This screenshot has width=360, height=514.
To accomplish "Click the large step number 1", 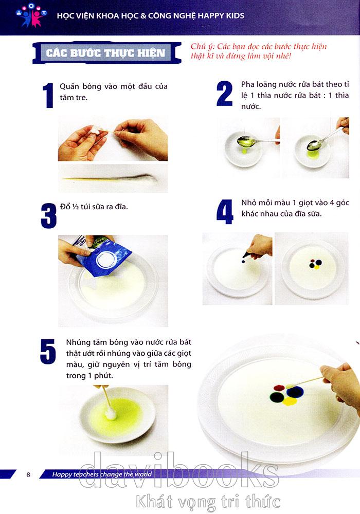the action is pyautogui.click(x=48, y=95).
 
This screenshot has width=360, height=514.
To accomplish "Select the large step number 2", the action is pyautogui.click(x=225, y=94).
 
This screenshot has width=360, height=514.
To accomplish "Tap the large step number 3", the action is pyautogui.click(x=48, y=216).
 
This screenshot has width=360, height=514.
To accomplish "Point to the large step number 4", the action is pyautogui.click(x=225, y=212).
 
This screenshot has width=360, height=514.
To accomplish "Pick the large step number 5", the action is pyautogui.click(x=48, y=351).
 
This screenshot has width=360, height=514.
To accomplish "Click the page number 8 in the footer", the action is pyautogui.click(x=28, y=474).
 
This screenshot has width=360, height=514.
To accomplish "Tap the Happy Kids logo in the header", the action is pyautogui.click(x=31, y=15).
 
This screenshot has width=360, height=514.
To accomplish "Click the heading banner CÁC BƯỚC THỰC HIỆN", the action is pyautogui.click(x=106, y=52).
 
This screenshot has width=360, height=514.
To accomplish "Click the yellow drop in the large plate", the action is pyautogui.click(x=290, y=400).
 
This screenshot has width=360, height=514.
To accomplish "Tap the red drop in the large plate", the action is pyautogui.click(x=279, y=388).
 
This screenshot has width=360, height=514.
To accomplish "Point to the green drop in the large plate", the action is pyautogui.click(x=277, y=397).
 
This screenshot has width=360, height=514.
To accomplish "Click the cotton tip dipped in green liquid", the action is pyautogui.click(x=111, y=413).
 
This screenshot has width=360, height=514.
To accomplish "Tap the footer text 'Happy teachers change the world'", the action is pyautogui.click(x=102, y=474).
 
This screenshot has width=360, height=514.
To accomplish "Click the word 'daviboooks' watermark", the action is pyautogui.click(x=178, y=470).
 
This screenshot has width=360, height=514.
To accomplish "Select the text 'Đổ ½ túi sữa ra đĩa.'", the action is pyautogui.click(x=94, y=207).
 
